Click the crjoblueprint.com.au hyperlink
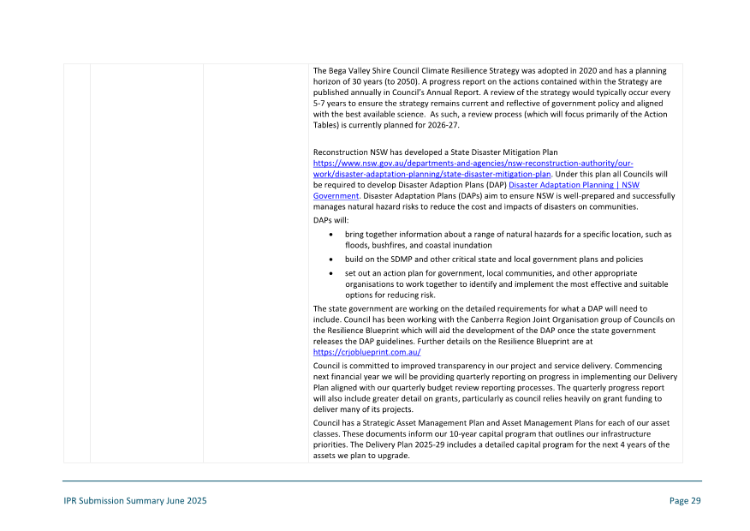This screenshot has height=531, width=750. click(366, 352)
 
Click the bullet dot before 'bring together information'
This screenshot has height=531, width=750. click(331, 234)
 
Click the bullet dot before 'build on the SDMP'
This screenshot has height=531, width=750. click(331, 259)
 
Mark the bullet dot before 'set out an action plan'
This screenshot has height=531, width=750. click(331, 273)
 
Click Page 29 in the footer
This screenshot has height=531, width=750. click(685, 501)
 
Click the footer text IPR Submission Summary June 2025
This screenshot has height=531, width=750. click(134, 501)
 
